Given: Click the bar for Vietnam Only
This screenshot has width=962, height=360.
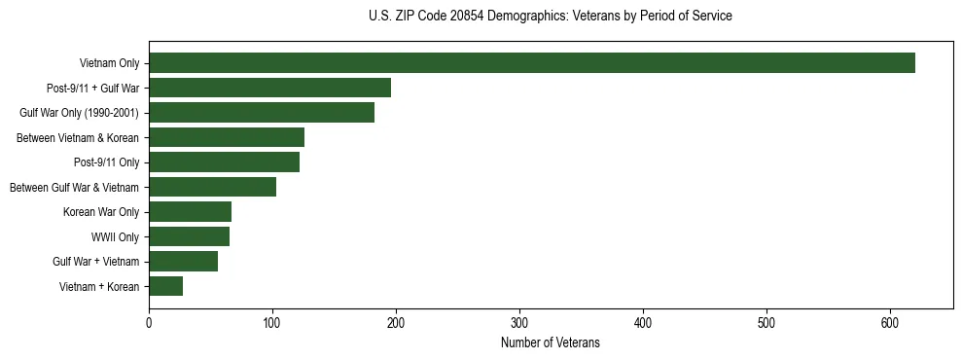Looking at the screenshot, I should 531,63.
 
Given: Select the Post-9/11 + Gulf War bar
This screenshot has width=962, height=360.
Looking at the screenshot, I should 269,88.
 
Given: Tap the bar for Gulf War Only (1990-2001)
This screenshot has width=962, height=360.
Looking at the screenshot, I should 262,113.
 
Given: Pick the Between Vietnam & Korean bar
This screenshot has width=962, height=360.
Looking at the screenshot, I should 227,137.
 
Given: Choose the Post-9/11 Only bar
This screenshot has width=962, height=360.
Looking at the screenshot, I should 224,162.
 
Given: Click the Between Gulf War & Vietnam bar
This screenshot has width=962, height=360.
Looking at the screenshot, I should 212,187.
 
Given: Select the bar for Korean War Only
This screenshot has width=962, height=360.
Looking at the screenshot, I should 190,212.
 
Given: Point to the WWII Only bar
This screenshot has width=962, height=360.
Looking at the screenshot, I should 189,236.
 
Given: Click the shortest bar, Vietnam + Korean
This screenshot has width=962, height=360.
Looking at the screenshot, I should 165,286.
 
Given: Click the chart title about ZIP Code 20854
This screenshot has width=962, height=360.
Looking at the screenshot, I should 551,17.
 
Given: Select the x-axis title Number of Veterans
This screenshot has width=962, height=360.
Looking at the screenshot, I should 551,343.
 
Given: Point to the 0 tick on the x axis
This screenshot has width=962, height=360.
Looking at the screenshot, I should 149,323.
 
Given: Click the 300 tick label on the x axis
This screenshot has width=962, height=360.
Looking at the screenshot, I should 519,323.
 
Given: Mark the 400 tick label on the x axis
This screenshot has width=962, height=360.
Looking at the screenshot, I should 643,323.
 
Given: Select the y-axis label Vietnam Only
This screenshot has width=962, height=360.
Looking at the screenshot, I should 109,64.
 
